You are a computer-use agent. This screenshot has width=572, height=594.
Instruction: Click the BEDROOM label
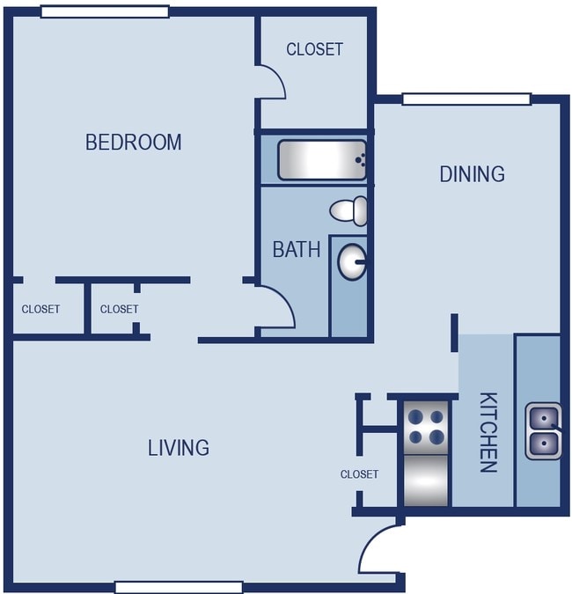coord(133,142)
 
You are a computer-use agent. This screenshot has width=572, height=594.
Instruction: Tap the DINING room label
coord(472,173)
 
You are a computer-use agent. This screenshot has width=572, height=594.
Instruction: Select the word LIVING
coord(178,448)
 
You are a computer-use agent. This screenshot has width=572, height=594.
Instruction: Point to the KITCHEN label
coord(487,432)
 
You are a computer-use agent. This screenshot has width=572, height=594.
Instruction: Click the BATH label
coord(297,249)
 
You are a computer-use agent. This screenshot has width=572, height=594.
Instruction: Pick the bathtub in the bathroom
coord(321,159)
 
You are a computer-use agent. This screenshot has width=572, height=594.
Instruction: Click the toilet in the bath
coord(349,210)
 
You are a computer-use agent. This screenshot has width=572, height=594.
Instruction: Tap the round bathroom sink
coord(352,261)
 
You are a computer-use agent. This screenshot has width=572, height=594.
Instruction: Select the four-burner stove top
coord(426,425)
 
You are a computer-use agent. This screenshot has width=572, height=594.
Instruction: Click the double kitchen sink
coord(543,431)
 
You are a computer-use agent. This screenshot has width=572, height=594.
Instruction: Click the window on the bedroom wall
coord(105,11)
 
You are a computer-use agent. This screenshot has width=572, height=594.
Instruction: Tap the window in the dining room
coord(466,99)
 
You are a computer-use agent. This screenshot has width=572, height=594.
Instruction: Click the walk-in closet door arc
coord(272,82)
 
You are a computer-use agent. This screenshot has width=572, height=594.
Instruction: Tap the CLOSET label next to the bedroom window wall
coord(314,49)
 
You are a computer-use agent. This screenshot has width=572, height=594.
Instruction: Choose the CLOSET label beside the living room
coord(359,474)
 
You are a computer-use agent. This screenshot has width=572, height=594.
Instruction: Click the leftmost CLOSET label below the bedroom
coord(40,309)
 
